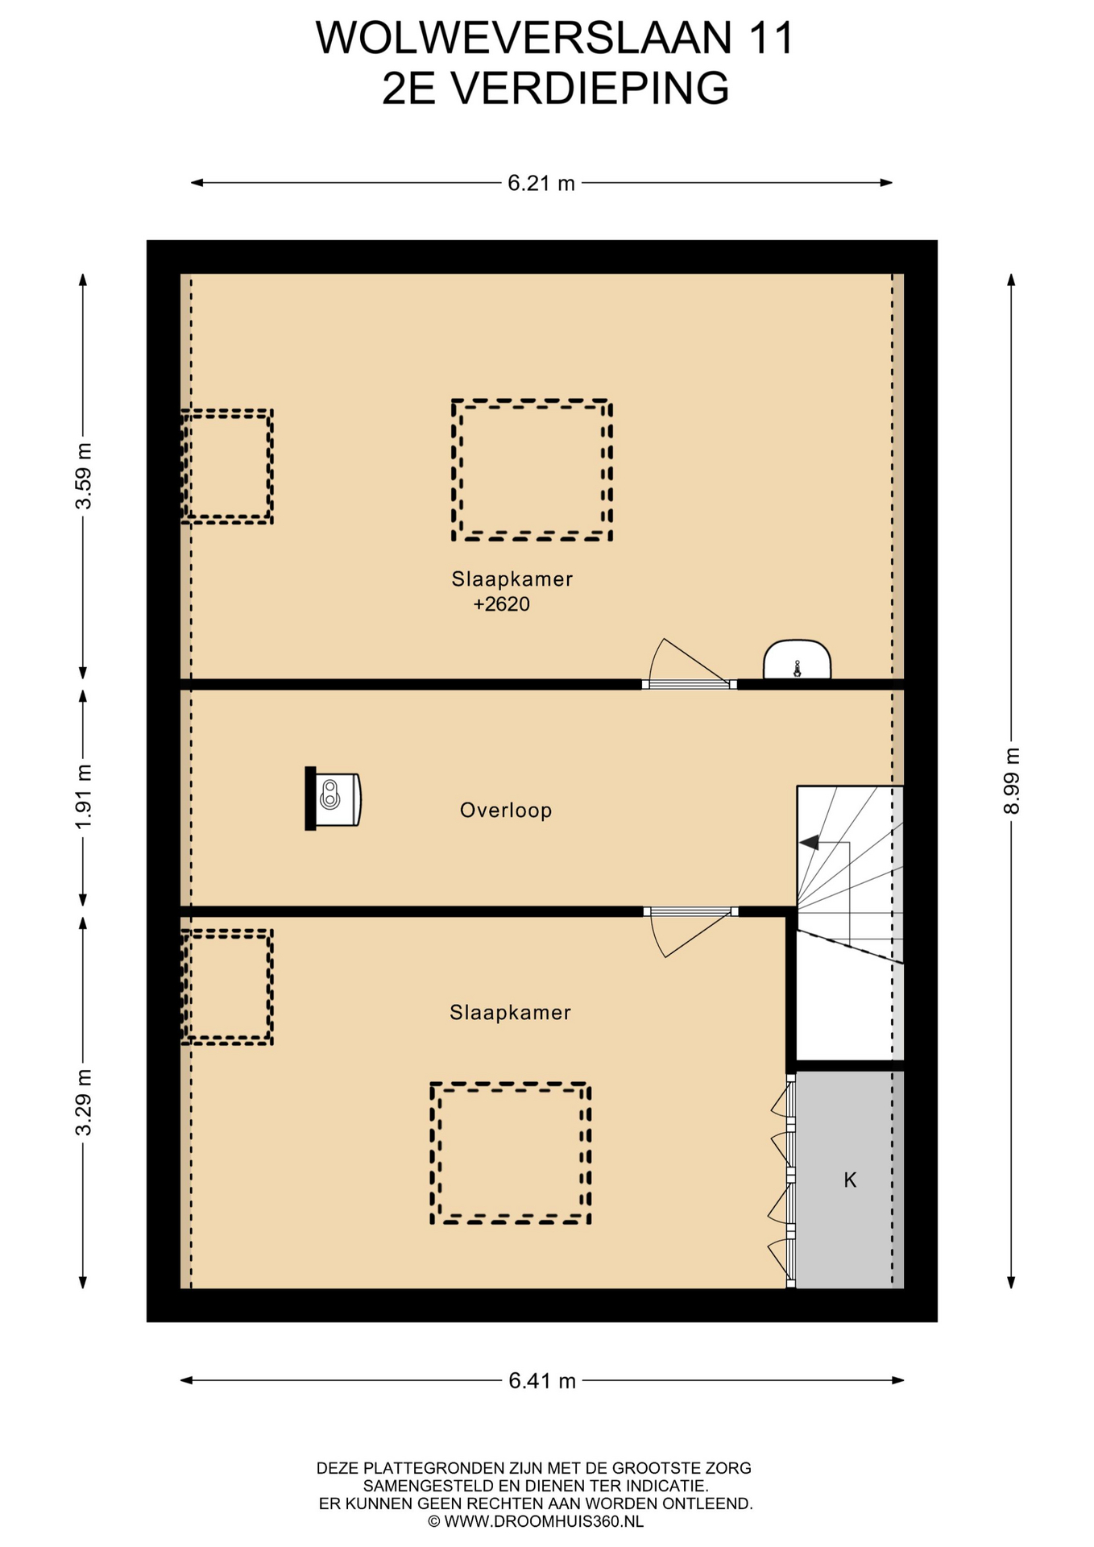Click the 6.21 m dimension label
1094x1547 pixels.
[541, 184]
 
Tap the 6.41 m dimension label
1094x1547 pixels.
[542, 1381]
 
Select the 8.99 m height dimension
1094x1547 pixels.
[1012, 781]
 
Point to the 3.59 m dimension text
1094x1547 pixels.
[83, 475]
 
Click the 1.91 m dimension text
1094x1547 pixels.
[83, 796]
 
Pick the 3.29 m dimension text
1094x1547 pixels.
[83, 1101]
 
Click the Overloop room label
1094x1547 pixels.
[506, 810]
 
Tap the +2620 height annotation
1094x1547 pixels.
[501, 604]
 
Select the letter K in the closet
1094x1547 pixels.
[850, 1180]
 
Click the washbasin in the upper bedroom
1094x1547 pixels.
[797, 660]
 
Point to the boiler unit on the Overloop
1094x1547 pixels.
[333, 798]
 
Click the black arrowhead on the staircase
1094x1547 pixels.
[809, 843]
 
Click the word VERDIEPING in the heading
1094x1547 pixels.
[590, 89]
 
